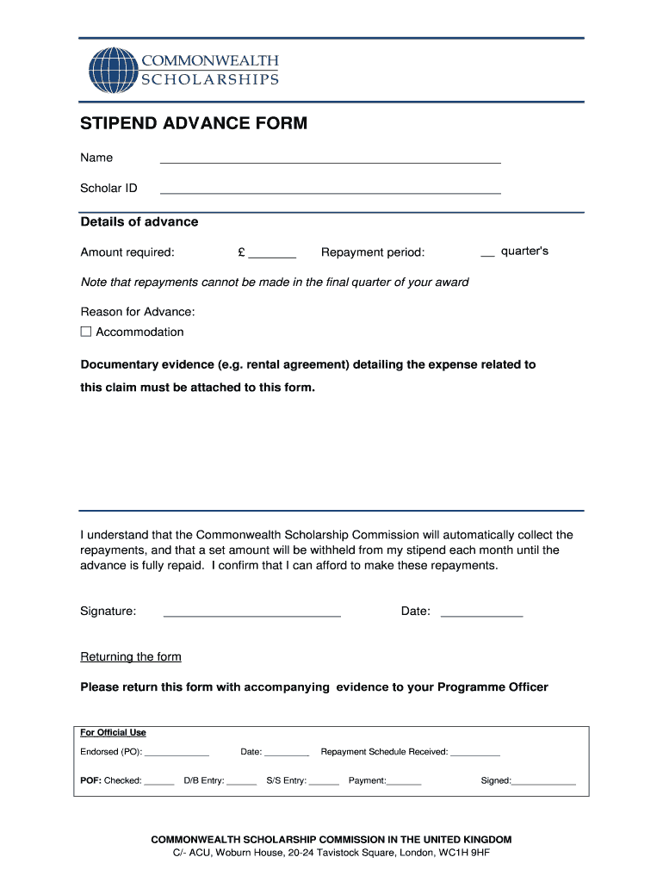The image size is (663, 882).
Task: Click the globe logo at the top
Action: click(112, 71)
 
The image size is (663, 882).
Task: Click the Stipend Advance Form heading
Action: click(194, 124)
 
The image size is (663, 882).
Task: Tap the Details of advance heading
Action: click(139, 222)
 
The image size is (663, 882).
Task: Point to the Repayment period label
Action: click(373, 252)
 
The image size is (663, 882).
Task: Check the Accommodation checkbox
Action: click(86, 332)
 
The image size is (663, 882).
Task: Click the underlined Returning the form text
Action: click(131, 657)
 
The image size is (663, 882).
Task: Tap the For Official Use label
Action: click(113, 733)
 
